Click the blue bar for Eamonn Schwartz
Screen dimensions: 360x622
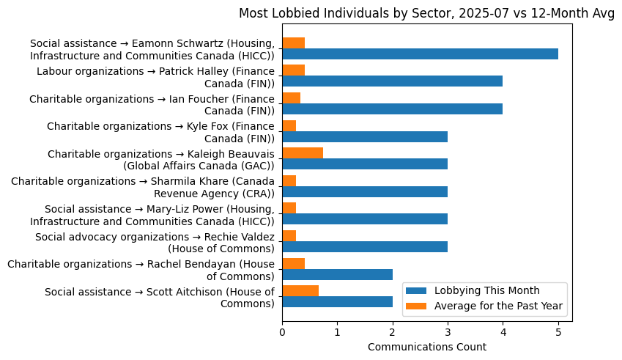[x=420, y=54]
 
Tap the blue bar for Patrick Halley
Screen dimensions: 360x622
[x=392, y=81]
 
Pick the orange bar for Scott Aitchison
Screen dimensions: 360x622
[x=300, y=291]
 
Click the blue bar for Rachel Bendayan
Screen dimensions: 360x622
[x=337, y=274]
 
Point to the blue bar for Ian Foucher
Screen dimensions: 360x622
[x=392, y=109]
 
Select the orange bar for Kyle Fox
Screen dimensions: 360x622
[x=289, y=125]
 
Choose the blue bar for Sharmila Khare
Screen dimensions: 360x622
[x=365, y=192]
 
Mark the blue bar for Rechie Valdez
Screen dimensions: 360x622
[x=365, y=247]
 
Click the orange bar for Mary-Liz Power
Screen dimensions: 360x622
[x=289, y=208]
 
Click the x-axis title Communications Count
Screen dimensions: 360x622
[x=426, y=347]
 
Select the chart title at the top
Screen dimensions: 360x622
[x=426, y=14]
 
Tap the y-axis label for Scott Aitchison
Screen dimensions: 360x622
[x=160, y=297]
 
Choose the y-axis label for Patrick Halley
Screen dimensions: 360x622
[x=155, y=76]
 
